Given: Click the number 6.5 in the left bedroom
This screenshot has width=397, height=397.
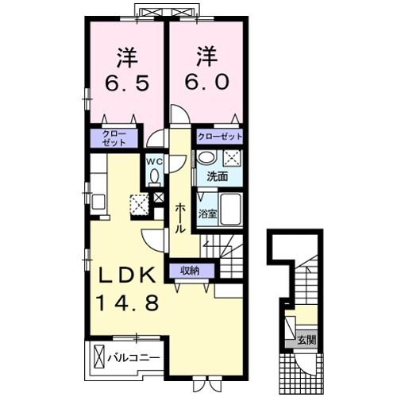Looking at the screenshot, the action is (x=126, y=82).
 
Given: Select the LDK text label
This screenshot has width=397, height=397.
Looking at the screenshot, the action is (x=126, y=276).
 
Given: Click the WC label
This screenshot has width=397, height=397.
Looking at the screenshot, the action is (x=154, y=163).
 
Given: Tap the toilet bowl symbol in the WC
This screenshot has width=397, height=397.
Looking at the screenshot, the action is (x=154, y=177).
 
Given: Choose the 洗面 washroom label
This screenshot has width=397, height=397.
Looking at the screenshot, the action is (x=218, y=176).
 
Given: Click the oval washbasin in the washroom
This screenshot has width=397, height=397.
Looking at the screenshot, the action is (x=206, y=158).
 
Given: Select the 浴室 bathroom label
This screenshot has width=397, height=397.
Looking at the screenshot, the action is (x=208, y=214).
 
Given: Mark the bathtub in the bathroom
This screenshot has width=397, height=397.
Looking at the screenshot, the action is (x=231, y=210).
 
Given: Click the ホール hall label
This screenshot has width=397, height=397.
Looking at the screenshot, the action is (x=179, y=218).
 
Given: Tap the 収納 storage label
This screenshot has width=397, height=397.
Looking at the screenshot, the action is (x=191, y=271).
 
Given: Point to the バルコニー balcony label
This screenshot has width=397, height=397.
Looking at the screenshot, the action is (x=134, y=358).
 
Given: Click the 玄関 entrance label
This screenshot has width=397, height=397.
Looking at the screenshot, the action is (x=306, y=340).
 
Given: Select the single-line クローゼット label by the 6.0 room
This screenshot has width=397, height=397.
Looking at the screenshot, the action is (x=220, y=137).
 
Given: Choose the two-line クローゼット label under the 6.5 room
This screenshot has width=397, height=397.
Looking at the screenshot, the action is (x=114, y=138).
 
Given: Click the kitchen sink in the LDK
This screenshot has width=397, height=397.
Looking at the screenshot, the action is (x=98, y=202).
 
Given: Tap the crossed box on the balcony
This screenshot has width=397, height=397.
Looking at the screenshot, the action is (x=99, y=357).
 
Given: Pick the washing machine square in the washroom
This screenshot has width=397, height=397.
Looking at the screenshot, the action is (x=233, y=159).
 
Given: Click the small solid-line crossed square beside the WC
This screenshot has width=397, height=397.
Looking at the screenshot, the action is (x=159, y=198).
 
